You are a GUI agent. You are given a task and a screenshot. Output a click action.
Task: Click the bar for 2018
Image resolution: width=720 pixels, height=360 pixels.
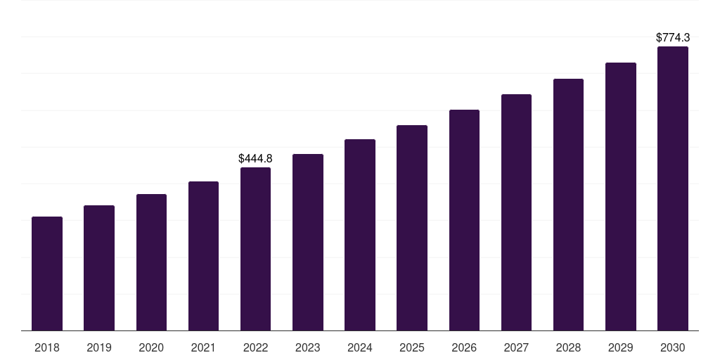point(47,274)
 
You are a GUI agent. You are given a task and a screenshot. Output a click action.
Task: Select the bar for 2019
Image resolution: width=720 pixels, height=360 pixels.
point(99,268)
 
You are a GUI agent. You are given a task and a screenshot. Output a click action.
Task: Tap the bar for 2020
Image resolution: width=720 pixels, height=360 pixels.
point(151,262)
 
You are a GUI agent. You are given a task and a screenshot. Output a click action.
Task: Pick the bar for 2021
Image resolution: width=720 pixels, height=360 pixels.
point(203,256)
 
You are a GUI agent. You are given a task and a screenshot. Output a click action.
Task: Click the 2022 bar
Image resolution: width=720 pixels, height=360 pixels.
point(255,249)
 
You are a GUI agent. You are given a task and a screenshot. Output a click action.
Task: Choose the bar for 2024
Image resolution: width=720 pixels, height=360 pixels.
point(360,235)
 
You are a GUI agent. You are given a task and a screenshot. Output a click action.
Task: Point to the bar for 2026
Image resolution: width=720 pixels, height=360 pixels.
point(464,220)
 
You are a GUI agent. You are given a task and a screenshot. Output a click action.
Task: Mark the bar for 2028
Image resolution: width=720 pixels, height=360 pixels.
point(568,205)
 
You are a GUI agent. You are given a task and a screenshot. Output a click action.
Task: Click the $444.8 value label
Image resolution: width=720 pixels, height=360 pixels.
point(255,159)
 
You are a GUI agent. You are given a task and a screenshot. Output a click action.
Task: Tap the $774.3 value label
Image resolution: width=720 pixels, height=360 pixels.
point(673,38)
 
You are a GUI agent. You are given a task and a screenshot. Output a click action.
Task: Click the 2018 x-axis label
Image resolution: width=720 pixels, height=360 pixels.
point(47,347)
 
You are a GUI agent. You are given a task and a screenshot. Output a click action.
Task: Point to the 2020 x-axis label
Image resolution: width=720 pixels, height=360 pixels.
point(151,347)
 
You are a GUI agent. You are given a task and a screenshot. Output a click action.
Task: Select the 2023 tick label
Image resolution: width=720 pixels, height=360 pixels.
point(308,347)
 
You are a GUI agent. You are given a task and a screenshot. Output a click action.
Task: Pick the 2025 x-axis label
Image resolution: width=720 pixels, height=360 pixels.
point(412,347)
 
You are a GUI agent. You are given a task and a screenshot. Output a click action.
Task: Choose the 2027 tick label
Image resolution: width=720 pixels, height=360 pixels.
point(516,347)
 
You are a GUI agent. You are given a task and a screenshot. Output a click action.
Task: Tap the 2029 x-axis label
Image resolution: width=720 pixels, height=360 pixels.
point(621,347)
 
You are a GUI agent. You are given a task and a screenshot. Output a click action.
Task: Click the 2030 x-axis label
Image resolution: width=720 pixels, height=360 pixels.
point(673,347)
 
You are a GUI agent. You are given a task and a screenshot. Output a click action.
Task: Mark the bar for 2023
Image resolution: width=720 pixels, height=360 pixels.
point(308,243)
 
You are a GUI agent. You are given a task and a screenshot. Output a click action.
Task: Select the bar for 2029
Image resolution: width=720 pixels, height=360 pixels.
point(621,197)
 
